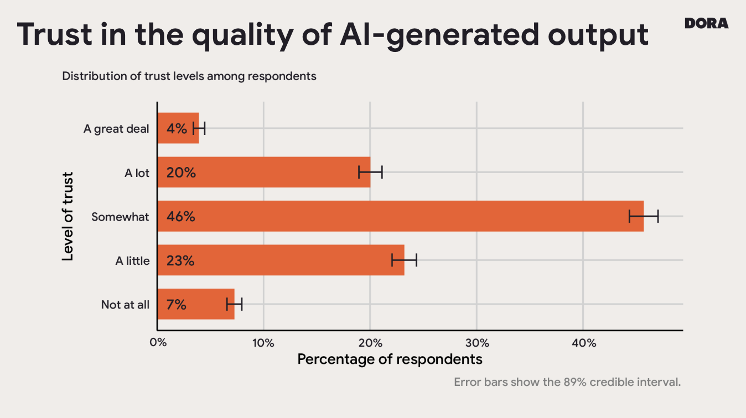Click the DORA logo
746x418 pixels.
tap(706, 23)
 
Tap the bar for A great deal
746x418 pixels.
tap(178, 128)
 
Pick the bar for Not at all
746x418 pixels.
tap(196, 304)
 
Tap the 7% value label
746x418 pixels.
tap(177, 305)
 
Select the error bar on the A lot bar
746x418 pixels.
tap(370, 173)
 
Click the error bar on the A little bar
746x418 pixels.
tap(404, 260)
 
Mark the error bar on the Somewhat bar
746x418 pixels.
tap(644, 216)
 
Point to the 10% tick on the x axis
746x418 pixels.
tap(263, 343)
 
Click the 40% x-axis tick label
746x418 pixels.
tap(583, 343)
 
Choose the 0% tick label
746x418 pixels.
tap(158, 343)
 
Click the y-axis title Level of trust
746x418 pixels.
tap(68, 216)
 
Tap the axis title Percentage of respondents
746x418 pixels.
tap(390, 359)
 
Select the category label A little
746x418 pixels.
tap(132, 261)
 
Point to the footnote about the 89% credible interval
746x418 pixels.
tap(567, 382)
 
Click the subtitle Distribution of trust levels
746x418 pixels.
tap(189, 76)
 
